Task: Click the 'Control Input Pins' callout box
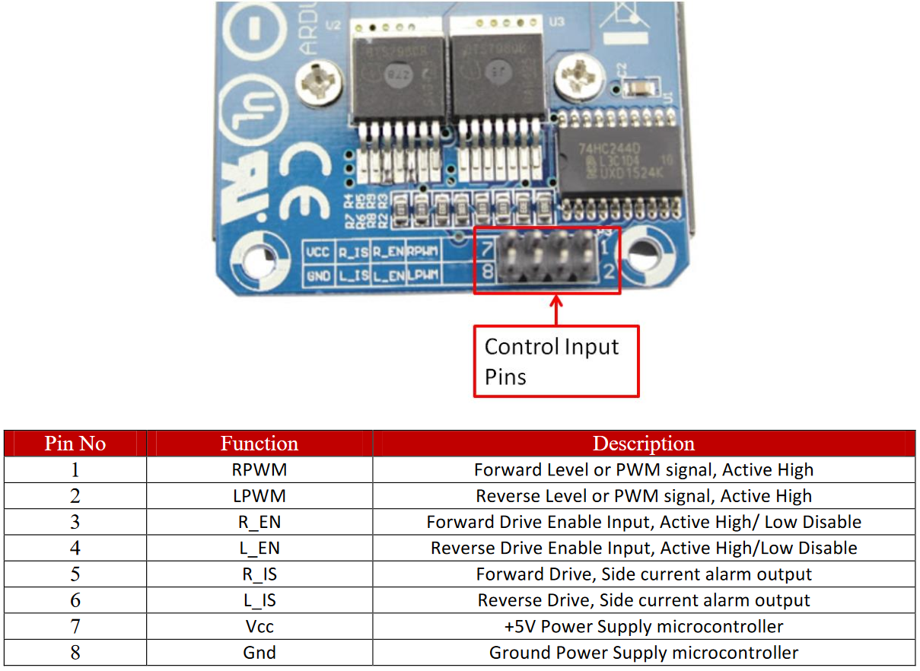coord(556,361)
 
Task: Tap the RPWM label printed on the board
coord(422,252)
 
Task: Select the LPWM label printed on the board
coord(422,275)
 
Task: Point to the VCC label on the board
coord(317,252)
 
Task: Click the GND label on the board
coord(317,275)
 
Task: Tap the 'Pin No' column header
coord(75,444)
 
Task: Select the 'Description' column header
coord(643,444)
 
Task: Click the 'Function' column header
coord(259,444)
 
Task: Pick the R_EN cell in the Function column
coord(259,522)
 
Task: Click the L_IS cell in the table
coord(259,600)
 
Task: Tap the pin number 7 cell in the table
coord(75,626)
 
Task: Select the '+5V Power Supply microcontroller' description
coord(643,626)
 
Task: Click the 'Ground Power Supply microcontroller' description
coord(643,653)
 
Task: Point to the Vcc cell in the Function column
coord(259,626)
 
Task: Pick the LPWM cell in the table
coord(259,496)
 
